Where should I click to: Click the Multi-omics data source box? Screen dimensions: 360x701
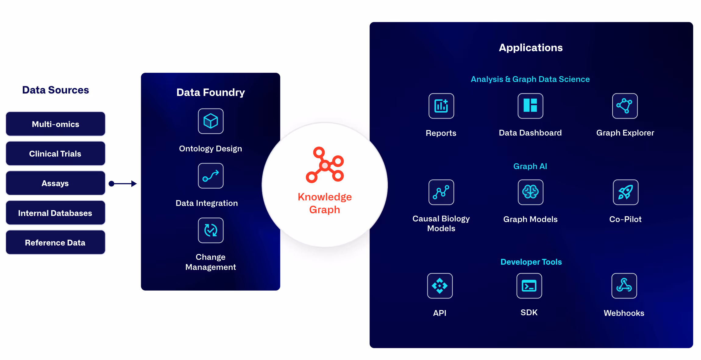pos(55,124)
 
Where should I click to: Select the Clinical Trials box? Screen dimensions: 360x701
pos(55,154)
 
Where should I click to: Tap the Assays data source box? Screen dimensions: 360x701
pos(55,183)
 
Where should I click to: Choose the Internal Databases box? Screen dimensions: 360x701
pos(55,213)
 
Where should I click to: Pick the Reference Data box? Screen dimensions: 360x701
pos(55,242)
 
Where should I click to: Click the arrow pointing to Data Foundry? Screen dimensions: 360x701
pos(123,184)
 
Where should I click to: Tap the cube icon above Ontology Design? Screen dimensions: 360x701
pos(211,121)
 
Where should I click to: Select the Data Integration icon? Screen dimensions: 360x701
pos(211,176)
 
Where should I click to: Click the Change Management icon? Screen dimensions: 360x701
pos(211,230)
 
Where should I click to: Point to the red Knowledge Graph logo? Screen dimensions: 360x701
pos(325,165)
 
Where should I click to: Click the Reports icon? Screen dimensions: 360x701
pos(441,106)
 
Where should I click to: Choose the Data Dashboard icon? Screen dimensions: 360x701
pos(530,106)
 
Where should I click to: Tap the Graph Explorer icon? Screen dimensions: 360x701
pos(625,106)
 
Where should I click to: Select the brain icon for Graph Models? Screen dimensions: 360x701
pos(530,192)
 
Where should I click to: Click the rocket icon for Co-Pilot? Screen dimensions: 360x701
pos(625,192)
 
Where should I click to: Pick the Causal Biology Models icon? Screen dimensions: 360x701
pos(441,192)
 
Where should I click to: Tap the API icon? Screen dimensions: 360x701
pos(440,286)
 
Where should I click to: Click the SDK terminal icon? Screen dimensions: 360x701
pos(529,286)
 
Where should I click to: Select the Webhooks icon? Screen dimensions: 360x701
pos(624,286)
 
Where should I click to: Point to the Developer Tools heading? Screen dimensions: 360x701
pos(531,262)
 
